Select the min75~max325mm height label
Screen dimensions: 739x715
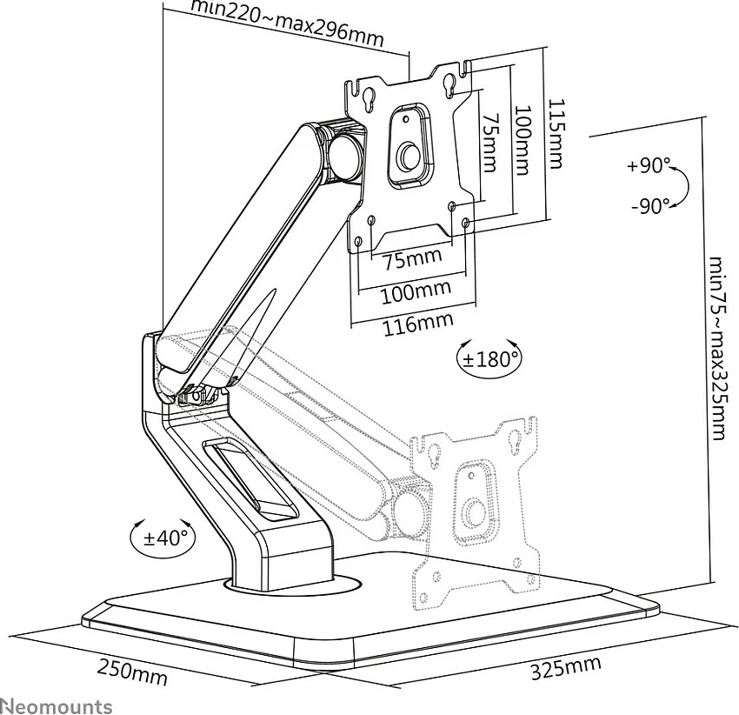[717, 348]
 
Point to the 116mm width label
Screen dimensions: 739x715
[418, 324]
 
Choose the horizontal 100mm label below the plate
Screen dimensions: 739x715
[416, 292]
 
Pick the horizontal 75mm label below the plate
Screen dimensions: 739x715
[413, 259]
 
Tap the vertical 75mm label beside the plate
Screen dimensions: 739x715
[490, 142]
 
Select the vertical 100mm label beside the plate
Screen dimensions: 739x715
[523, 140]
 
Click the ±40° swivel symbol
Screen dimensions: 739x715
[162, 538]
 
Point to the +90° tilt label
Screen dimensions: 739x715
[649, 165]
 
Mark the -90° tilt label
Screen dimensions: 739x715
[651, 205]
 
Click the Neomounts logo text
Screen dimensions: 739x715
[57, 706]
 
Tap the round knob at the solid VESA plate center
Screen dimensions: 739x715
[408, 155]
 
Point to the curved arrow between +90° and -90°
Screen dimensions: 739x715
[687, 185]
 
